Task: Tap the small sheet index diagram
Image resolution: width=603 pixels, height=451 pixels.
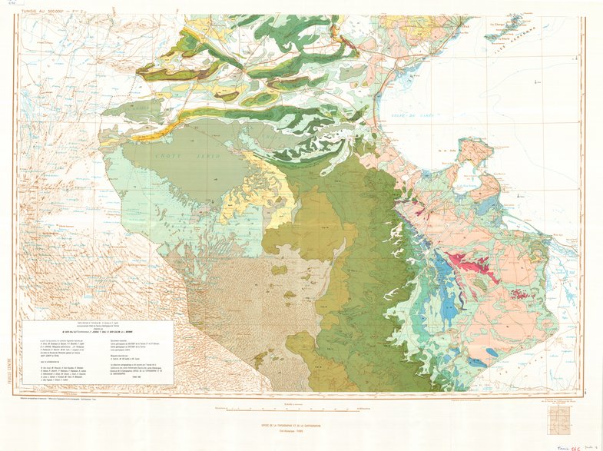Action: [x=558, y=419]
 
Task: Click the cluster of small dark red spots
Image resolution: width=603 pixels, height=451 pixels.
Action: [x=522, y=293]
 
